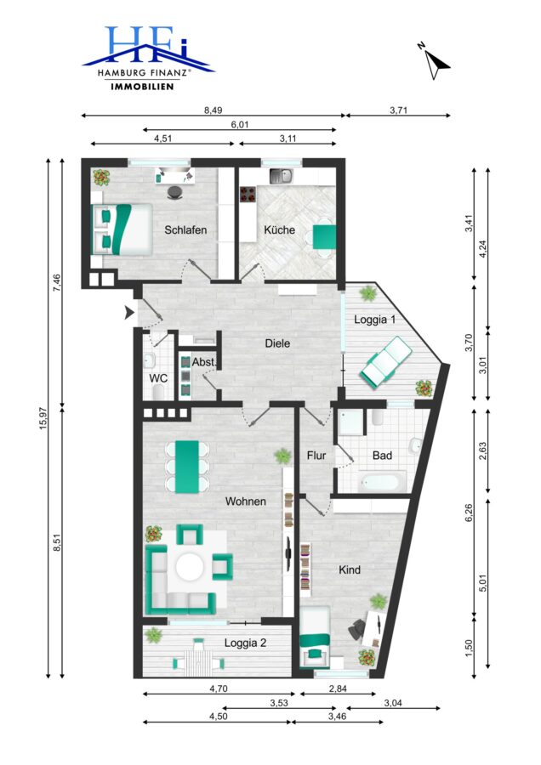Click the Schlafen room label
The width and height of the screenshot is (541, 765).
click(x=185, y=229)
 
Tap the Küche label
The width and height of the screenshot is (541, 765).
click(x=279, y=229)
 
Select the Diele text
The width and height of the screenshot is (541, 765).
click(x=277, y=343)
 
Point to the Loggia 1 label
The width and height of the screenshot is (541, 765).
click(x=374, y=320)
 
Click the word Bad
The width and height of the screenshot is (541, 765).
click(x=382, y=456)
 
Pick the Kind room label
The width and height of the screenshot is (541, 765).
click(x=350, y=569)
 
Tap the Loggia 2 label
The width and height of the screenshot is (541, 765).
click(x=245, y=643)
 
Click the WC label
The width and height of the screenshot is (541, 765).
click(x=158, y=378)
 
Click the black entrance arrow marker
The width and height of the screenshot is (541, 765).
click(x=129, y=312)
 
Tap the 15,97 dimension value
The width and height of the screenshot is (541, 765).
click(x=43, y=418)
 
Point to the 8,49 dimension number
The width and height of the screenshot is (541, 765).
click(x=213, y=110)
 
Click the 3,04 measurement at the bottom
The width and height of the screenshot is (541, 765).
click(x=393, y=703)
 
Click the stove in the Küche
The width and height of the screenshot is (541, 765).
click(x=248, y=194)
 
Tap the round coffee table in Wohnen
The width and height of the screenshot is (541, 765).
click(x=190, y=566)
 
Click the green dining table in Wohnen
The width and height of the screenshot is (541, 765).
click(x=187, y=467)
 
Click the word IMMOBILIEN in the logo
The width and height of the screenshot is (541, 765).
click(x=143, y=87)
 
